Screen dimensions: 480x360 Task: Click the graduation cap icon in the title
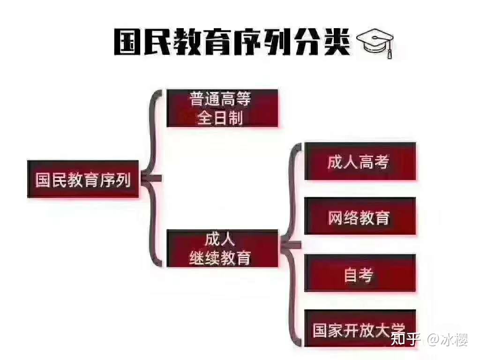(375, 43)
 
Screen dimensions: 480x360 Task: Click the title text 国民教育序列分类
(232, 42)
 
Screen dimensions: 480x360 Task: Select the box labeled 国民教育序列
(83, 179)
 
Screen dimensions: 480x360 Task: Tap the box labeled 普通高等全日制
(222, 108)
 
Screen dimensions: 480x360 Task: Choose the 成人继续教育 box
(222, 248)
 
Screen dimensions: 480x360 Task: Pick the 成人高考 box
(360, 161)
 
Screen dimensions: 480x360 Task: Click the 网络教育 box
(360, 216)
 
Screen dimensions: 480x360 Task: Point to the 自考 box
(360, 273)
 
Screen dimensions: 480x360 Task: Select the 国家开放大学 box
(360, 328)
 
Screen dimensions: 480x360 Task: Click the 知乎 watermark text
(404, 339)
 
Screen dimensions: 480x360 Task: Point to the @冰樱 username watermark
(447, 339)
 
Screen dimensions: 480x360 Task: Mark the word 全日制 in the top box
(220, 118)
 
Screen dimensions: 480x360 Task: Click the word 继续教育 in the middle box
(220, 258)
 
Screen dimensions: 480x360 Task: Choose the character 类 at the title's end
(337, 42)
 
